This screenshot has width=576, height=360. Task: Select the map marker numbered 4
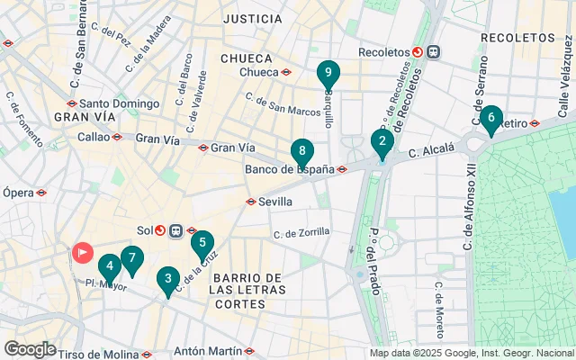pyautogui.click(x=109, y=267)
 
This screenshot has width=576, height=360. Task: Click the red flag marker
pyautogui.click(x=83, y=252)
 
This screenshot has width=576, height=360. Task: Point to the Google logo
pyautogui.click(x=30, y=349)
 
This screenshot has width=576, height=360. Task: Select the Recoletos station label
pyautogui.click(x=383, y=52)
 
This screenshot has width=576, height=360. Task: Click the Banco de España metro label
pyautogui.click(x=289, y=168)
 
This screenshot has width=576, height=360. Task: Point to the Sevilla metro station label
pyautogui.click(x=275, y=202)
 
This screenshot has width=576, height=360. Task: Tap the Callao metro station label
pyautogui.click(x=93, y=137)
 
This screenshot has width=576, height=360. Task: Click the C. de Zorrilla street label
pyautogui.click(x=301, y=233)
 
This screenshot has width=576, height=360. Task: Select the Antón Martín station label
pyautogui.click(x=207, y=351)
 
